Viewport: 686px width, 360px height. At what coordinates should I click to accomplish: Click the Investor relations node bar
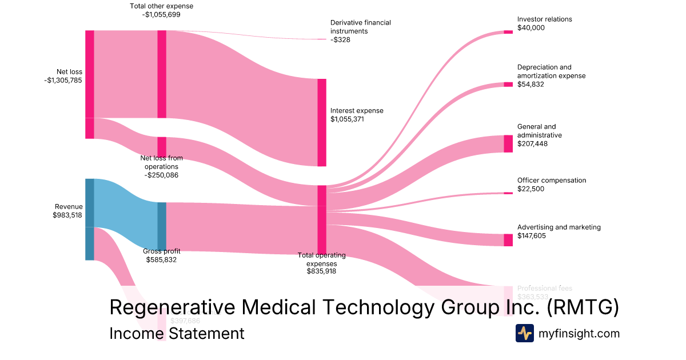(x=508, y=31)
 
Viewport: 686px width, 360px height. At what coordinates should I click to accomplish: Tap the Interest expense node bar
(x=322, y=122)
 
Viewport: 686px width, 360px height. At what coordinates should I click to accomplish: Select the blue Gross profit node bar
(x=162, y=226)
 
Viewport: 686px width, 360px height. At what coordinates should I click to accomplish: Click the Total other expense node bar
(x=162, y=74)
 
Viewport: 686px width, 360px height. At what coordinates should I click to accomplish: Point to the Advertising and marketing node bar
(x=508, y=240)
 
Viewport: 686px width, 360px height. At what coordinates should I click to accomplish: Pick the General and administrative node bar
(x=508, y=143)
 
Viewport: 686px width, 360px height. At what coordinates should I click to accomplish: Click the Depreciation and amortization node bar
(x=508, y=85)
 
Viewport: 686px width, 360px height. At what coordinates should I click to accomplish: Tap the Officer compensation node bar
(x=508, y=193)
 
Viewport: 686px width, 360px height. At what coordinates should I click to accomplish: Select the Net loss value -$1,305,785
(x=63, y=81)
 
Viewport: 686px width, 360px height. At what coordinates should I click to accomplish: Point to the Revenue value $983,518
(x=67, y=215)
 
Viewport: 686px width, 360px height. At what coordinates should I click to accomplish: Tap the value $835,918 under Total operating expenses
(x=321, y=271)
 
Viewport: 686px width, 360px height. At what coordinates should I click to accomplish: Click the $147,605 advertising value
(x=532, y=235)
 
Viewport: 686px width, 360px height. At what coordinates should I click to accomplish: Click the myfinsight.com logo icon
(x=525, y=333)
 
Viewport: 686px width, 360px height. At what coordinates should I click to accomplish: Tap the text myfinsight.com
(x=579, y=333)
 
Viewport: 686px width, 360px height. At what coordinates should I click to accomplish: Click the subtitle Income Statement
(x=177, y=333)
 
